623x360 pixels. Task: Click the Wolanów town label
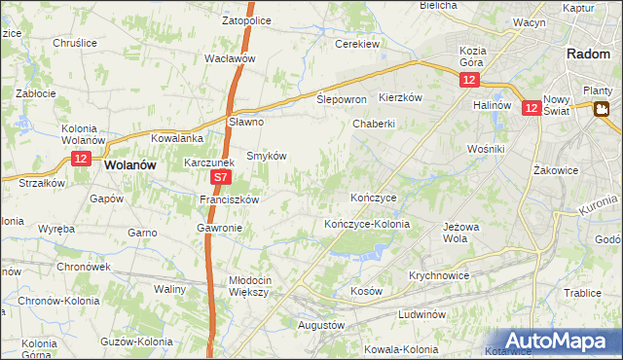tap(130, 165)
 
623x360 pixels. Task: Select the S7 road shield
tap(221, 178)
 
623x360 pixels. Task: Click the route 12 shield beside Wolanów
tap(81, 159)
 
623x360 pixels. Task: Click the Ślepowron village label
tap(342, 100)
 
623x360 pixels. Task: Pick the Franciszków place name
tap(229, 199)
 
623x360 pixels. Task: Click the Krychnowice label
tap(440, 275)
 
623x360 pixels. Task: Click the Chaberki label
tap(374, 124)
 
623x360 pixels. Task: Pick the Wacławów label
tap(230, 58)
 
